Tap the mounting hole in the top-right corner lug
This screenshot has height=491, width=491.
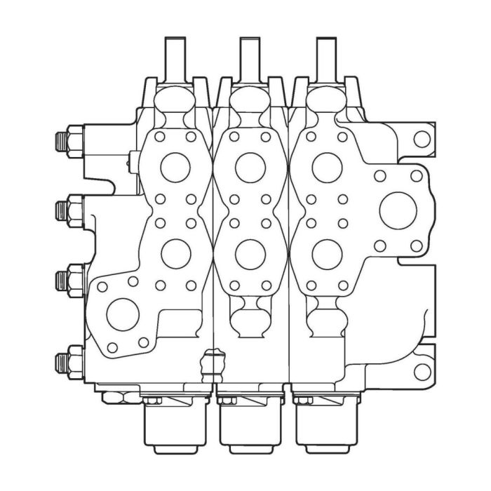click(421, 138)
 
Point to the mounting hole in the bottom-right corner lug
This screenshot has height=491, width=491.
click(421, 372)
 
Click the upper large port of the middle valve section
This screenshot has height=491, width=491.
click(250, 167)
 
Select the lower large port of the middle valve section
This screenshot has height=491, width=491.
click(250, 254)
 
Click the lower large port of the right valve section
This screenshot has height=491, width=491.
click(327, 254)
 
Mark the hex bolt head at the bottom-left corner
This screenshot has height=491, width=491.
click(112, 397)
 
